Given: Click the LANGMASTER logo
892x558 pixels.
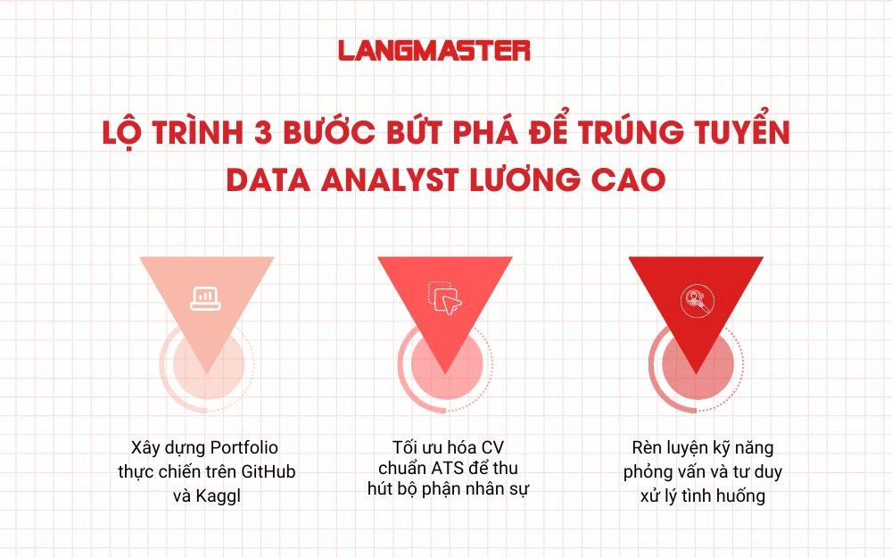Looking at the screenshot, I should [434, 51].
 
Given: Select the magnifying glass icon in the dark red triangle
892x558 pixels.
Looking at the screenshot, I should [695, 301].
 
